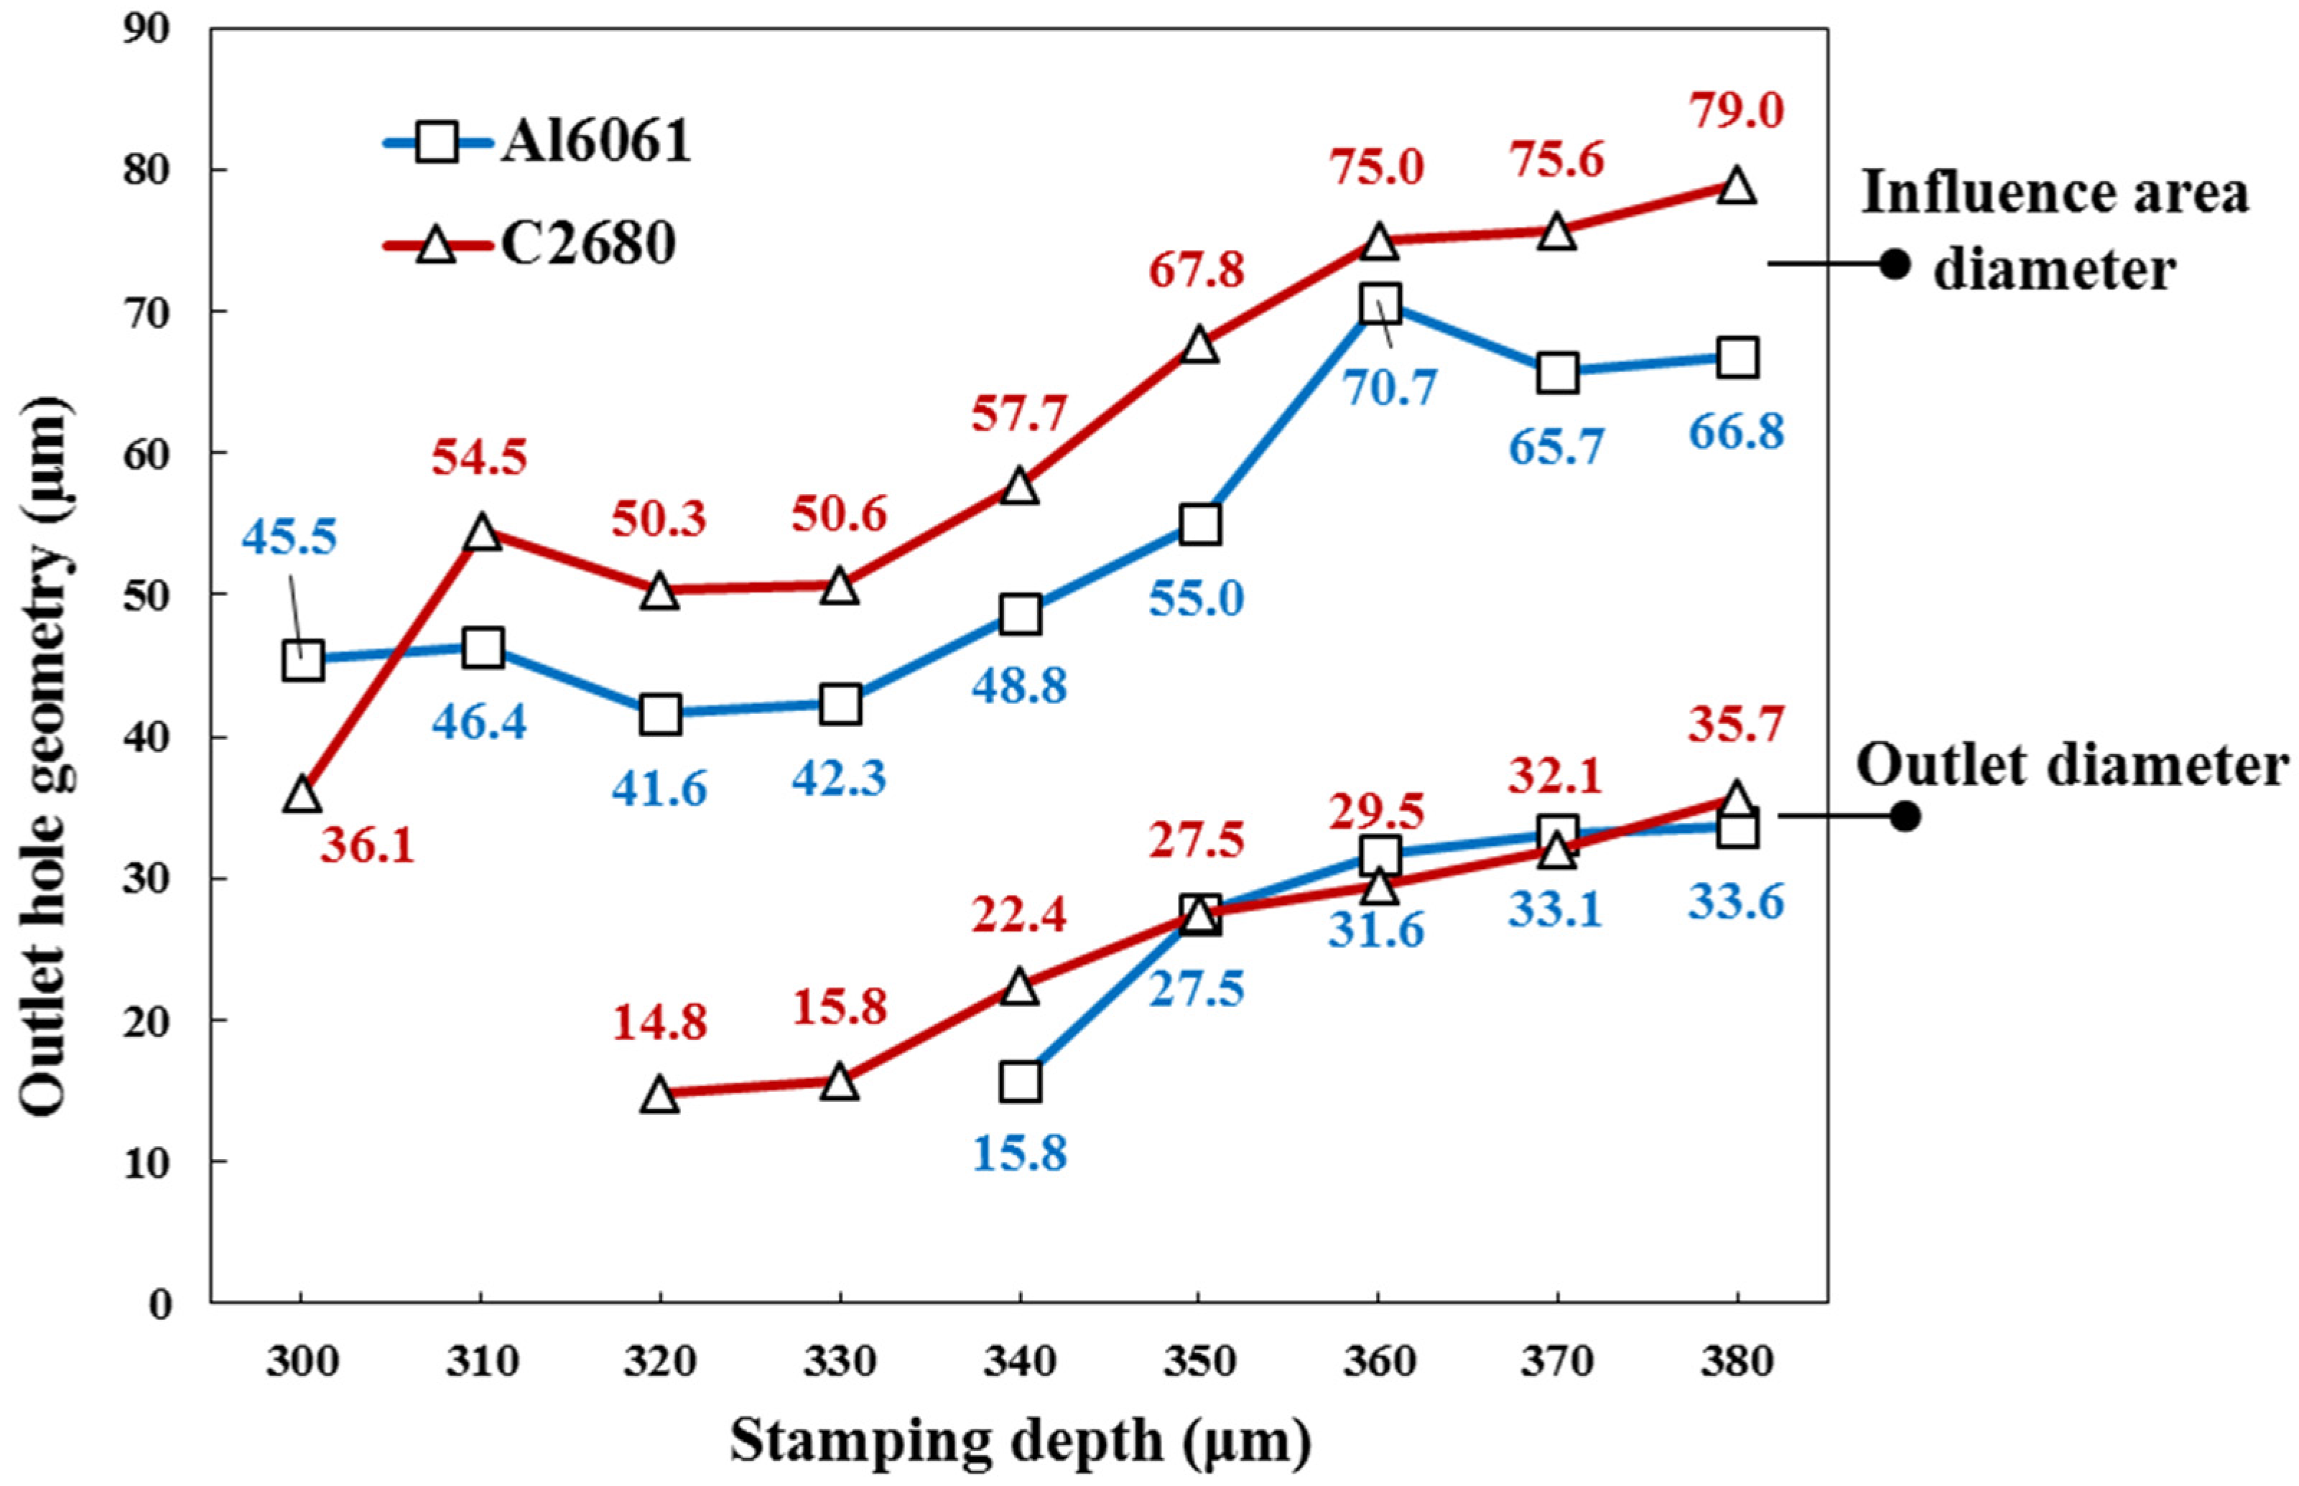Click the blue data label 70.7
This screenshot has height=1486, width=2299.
tap(1389, 387)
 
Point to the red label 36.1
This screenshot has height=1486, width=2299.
tap(368, 846)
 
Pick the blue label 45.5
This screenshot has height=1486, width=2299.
tap(289, 537)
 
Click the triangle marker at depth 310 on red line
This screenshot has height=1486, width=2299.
tap(483, 533)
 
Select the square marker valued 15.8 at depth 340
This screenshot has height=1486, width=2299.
tap(1020, 1082)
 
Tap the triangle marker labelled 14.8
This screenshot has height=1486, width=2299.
tap(661, 1095)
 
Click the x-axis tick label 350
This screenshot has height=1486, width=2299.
tap(1198, 1362)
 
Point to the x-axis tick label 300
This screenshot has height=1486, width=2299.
tap(302, 1362)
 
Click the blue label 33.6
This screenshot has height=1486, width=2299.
tap(1736, 902)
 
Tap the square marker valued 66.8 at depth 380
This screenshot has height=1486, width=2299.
tap(1737, 358)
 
